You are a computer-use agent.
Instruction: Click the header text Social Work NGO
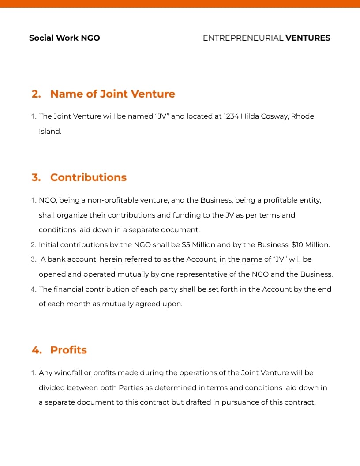click(x=64, y=38)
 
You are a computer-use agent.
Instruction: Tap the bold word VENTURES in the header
click(x=307, y=38)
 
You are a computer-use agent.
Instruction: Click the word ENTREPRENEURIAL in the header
click(x=243, y=38)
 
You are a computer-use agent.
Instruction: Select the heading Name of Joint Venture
click(x=112, y=94)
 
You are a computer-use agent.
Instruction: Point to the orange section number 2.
click(x=36, y=94)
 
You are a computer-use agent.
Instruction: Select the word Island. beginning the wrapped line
click(x=50, y=132)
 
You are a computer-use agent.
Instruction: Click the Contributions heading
click(x=88, y=177)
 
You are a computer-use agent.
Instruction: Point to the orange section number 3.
click(x=36, y=177)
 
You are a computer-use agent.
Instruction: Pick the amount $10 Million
click(x=311, y=244)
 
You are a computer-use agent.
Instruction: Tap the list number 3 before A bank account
click(x=34, y=259)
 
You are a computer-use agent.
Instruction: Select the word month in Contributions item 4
click(x=78, y=304)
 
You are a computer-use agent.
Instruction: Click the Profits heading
click(x=68, y=350)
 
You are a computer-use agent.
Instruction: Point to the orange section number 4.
click(x=37, y=350)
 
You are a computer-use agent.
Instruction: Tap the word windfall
click(x=67, y=373)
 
